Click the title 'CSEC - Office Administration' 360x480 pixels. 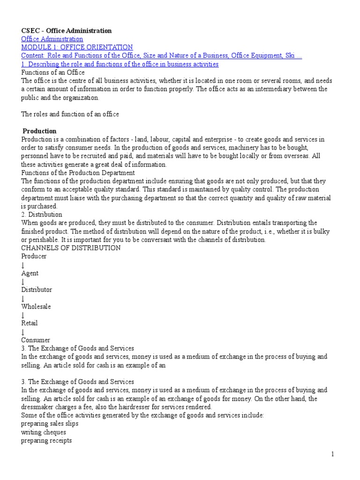click(x=67, y=30)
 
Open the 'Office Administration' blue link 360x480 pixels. click(x=52, y=39)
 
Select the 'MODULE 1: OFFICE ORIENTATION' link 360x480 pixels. click(x=77, y=47)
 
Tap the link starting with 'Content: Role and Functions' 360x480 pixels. click(x=161, y=56)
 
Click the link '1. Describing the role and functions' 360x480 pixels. click(x=120, y=64)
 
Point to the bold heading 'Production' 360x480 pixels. click(x=39, y=131)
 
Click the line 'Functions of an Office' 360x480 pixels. click(x=53, y=73)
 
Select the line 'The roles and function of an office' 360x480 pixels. click(x=70, y=114)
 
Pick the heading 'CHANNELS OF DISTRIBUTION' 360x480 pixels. click(x=71, y=247)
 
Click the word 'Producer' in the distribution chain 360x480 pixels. click(x=34, y=256)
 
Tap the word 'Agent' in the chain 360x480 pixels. click(x=30, y=273)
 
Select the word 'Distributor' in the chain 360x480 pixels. click(x=37, y=290)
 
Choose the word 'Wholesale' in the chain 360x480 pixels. click(x=36, y=307)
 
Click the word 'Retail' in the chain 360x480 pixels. click(x=29, y=323)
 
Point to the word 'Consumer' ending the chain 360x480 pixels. click(x=36, y=340)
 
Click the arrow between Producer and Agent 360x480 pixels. click(x=23, y=264)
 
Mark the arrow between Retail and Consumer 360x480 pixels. click(x=23, y=331)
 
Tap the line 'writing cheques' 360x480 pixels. click(x=44, y=432)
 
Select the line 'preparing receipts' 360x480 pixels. click(x=46, y=441)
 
